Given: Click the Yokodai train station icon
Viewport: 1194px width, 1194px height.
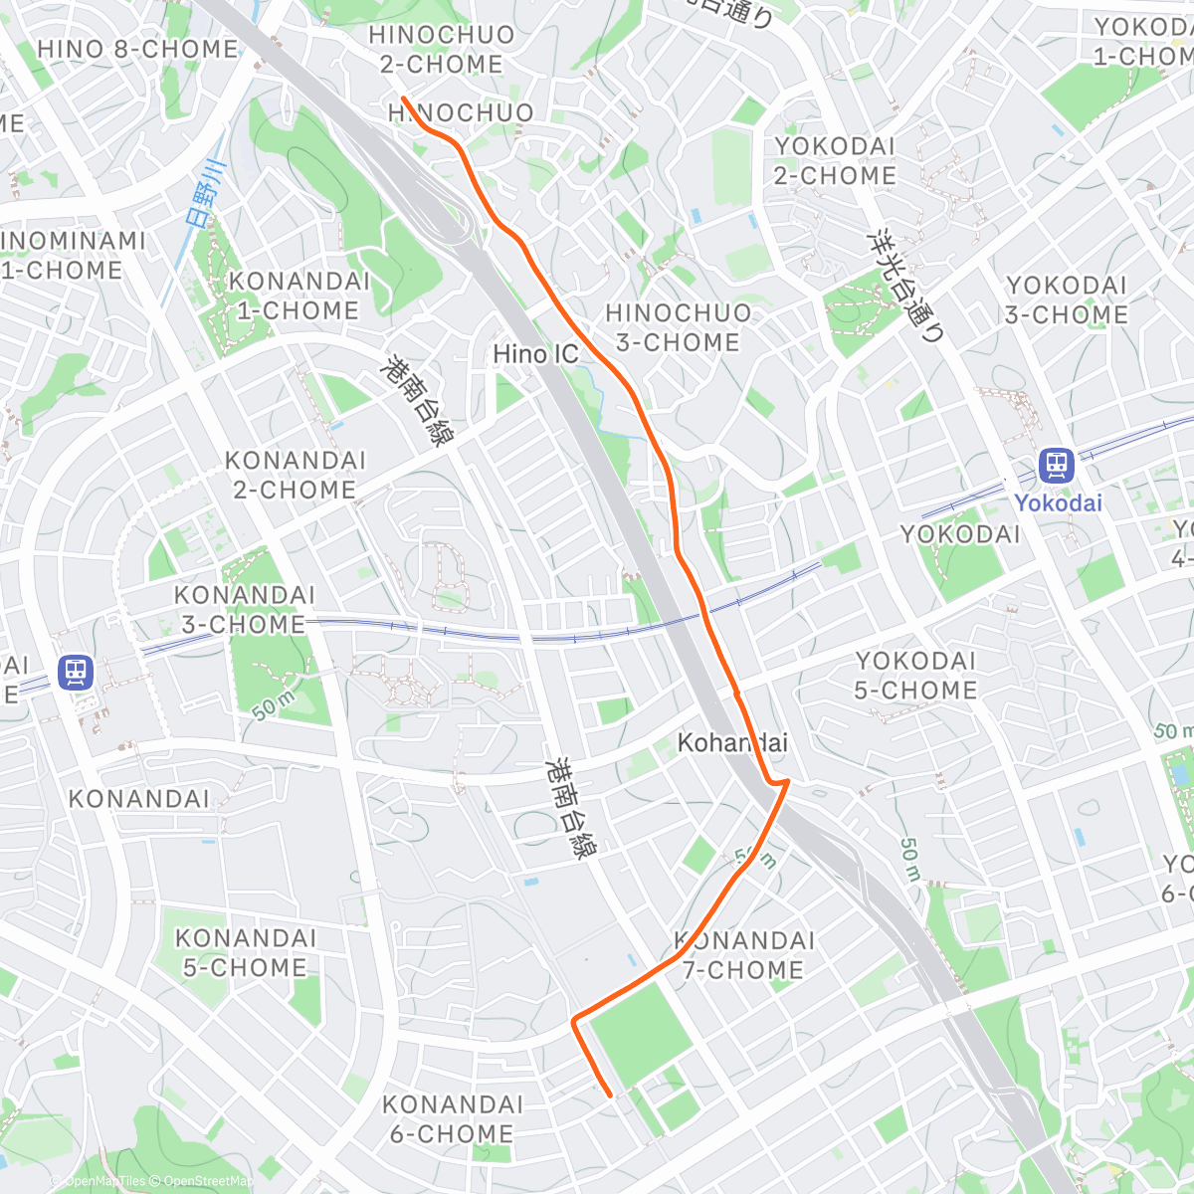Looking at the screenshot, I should (1056, 465).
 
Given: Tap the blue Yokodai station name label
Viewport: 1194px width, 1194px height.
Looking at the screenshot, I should (1058, 502).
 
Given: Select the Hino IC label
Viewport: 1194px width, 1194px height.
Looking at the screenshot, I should (535, 354).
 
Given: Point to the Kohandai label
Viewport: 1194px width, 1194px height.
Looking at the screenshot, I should (732, 742).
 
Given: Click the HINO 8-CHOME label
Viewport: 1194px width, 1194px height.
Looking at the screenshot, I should (137, 49).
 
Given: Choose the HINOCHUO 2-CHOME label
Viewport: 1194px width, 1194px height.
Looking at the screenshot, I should (442, 49).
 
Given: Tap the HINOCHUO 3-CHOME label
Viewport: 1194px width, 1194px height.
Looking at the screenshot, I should (678, 327).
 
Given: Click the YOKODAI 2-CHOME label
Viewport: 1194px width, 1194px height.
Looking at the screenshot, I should (835, 160).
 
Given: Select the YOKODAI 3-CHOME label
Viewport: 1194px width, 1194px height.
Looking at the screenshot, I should (1066, 299).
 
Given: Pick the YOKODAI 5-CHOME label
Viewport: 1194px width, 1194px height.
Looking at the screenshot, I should (915, 675).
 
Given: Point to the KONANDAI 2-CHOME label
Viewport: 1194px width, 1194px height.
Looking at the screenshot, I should (295, 475).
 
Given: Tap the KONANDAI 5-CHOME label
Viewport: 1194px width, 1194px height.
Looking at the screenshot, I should (245, 952).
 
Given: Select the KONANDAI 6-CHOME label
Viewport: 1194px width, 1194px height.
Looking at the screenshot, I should (453, 1118).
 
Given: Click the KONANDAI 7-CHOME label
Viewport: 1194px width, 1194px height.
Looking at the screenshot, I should (743, 954).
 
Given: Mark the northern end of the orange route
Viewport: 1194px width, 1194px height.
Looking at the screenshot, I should (403, 98).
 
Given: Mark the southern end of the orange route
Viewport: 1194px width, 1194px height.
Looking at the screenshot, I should (610, 1095).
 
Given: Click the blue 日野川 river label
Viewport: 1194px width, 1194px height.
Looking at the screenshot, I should (207, 194).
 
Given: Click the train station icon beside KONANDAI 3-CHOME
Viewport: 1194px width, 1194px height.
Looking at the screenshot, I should (76, 672).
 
